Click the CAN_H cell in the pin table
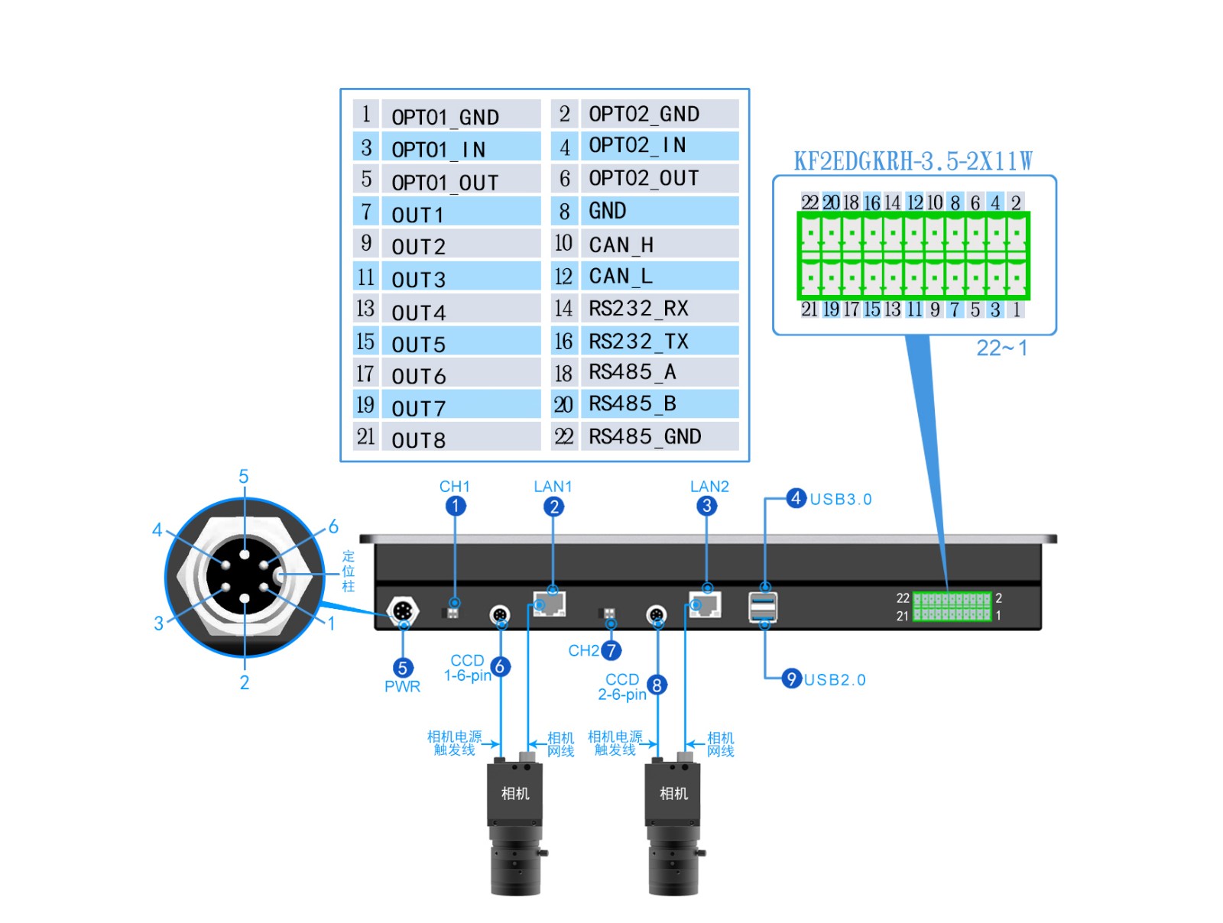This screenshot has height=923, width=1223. pyautogui.click(x=621, y=245)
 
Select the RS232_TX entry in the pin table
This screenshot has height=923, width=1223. pyautogui.click(x=638, y=341)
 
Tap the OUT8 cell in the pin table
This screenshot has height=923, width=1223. pyautogui.click(x=418, y=440)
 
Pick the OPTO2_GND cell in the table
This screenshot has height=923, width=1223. pyautogui.click(x=644, y=114)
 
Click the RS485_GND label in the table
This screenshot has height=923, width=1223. pyautogui.click(x=644, y=436)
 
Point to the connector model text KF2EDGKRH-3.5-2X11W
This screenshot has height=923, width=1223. pyautogui.click(x=913, y=161)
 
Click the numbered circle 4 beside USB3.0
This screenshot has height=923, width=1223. pyautogui.click(x=796, y=498)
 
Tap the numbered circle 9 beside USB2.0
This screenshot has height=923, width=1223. pyautogui.click(x=791, y=678)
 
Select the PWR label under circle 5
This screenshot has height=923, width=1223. pyautogui.click(x=402, y=686)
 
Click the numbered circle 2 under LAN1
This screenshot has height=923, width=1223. pyautogui.click(x=554, y=507)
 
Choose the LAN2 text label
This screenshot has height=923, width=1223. pyautogui.click(x=709, y=487)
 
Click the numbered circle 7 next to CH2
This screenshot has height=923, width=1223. pyautogui.click(x=611, y=650)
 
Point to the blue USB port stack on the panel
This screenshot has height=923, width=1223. pyautogui.click(x=764, y=607)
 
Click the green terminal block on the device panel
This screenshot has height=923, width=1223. pyautogui.click(x=952, y=607)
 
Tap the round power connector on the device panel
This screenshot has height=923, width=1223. pyautogui.click(x=403, y=611)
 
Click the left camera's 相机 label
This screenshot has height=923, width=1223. pyautogui.click(x=515, y=793)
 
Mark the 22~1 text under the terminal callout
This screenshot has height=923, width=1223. pyautogui.click(x=1001, y=348)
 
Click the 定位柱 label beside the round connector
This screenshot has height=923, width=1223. pyautogui.click(x=349, y=572)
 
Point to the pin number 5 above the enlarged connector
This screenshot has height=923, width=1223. pyautogui.click(x=244, y=477)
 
